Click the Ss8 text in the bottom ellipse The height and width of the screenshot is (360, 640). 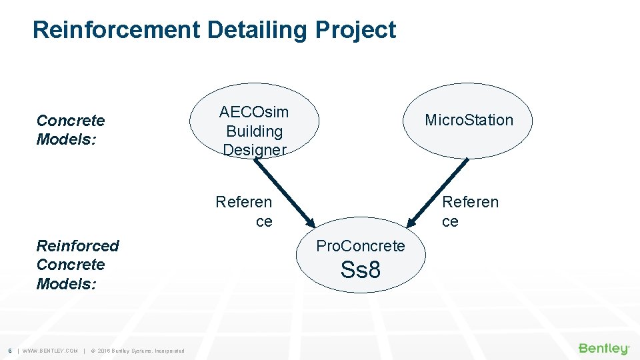[360, 270]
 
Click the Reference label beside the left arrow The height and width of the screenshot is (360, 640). [244, 211]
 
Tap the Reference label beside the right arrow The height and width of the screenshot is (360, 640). [470, 211]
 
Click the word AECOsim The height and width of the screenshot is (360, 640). [254, 112]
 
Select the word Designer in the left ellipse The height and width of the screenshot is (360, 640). [254, 150]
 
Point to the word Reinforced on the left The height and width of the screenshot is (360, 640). [77, 246]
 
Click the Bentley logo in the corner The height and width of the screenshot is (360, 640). [603, 349]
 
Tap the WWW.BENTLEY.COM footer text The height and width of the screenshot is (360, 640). [50, 351]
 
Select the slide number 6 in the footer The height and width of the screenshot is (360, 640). [9, 351]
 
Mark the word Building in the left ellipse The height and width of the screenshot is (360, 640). [254, 131]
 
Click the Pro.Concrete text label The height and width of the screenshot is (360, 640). [360, 246]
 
